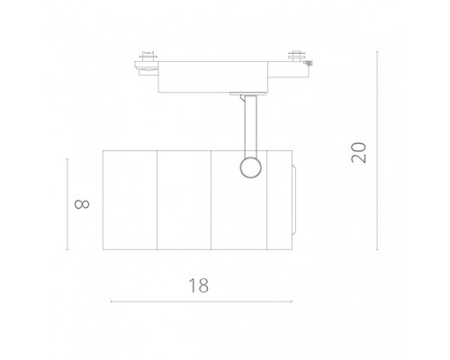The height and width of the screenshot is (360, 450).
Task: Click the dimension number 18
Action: pyautogui.click(x=199, y=285)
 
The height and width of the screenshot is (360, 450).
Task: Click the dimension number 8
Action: pyautogui.click(x=84, y=203)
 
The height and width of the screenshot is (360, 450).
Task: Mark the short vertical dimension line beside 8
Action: pyautogui.click(x=67, y=203)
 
